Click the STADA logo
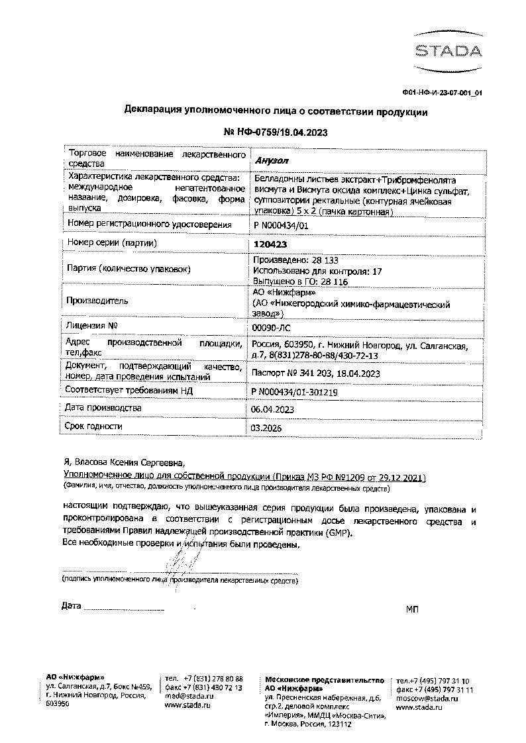pyautogui.click(x=448, y=50)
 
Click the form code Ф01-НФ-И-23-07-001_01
pyautogui.click(x=442, y=93)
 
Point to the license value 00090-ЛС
pyautogui.click(x=272, y=327)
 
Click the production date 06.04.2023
pyautogui.click(x=273, y=410)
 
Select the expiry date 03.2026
pyautogui.click(x=267, y=428)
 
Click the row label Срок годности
pyautogui.click(x=93, y=426)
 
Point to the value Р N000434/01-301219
pyautogui.click(x=295, y=392)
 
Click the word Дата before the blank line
pyautogui.click(x=71, y=605)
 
